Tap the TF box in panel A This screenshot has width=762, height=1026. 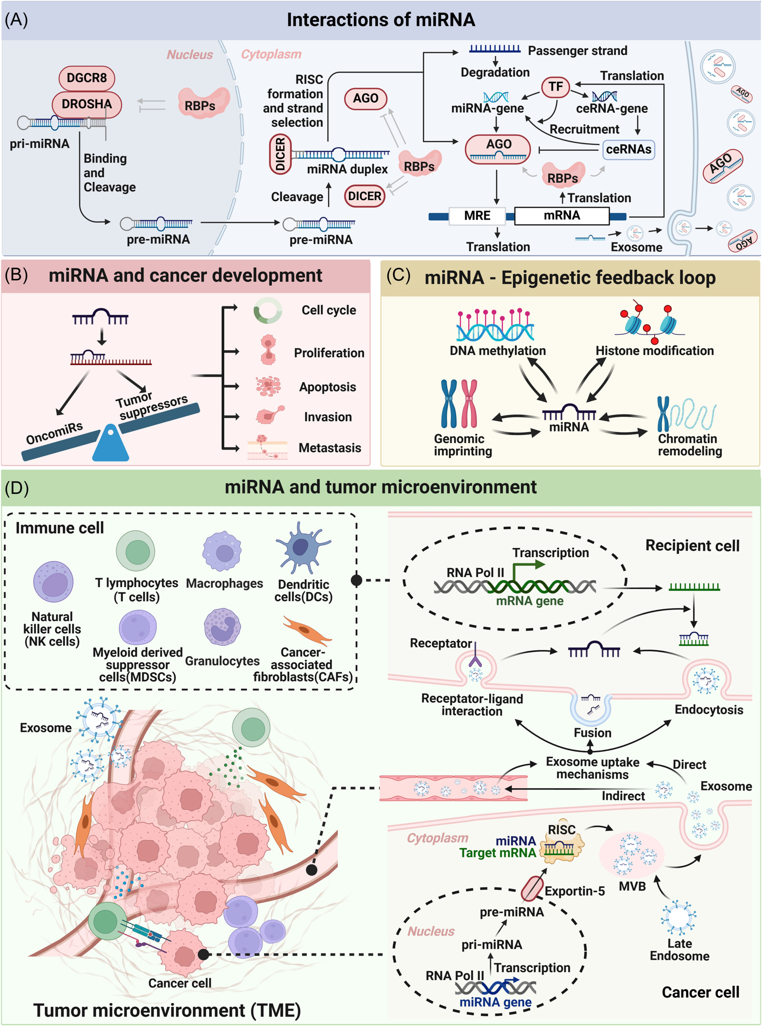pos(555,87)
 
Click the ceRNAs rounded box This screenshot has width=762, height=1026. pos(628,149)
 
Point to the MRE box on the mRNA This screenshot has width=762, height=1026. pos(477,216)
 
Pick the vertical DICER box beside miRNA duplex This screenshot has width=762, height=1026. pos(280,154)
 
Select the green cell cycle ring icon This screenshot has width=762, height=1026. pos(268,310)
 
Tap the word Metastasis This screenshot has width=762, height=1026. pos(330,448)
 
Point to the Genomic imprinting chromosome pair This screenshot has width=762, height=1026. pos(459,404)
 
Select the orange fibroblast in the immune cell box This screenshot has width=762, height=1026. pos(307,630)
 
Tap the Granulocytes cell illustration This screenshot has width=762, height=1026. pos(222,626)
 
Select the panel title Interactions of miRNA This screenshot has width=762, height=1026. pos(381,20)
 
